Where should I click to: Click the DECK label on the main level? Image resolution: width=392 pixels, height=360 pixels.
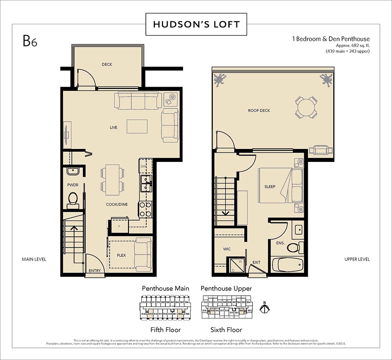pos(107,64)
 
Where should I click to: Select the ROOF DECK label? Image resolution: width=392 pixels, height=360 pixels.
pos(259,111)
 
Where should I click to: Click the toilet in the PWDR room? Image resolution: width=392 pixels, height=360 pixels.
pos(73,199)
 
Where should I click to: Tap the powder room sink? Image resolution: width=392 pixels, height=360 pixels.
pos(73,171)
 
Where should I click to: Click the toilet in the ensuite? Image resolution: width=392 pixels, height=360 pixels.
pos(294,247)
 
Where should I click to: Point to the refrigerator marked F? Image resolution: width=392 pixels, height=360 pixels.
pos(119,226)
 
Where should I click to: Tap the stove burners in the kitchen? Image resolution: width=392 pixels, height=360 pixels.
pos(145,209)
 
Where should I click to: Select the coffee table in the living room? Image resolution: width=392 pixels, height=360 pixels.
pos(137,127)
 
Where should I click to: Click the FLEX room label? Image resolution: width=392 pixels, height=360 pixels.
pos(121,255)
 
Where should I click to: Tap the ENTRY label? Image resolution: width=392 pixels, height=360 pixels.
pos(94,271)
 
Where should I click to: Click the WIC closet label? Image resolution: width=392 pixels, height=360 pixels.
pos(227,249)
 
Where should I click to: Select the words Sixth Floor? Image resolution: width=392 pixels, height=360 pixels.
pos(226,330)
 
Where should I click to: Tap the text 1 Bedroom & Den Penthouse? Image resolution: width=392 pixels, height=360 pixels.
pos(330,39)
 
